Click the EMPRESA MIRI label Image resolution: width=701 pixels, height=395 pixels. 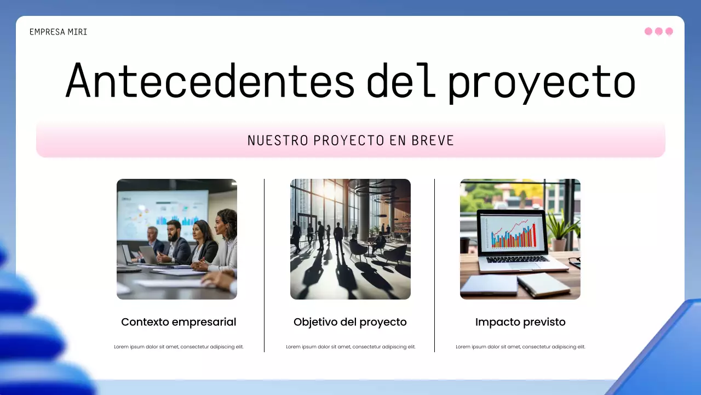[58, 32]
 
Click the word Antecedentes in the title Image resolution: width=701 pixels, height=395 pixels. [210, 81]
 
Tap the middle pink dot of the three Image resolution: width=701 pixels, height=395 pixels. [659, 31]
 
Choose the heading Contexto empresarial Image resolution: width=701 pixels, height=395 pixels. [179, 322]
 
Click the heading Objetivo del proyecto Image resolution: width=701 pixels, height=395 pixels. [350, 322]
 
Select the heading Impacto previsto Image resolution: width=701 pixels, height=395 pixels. [520, 322]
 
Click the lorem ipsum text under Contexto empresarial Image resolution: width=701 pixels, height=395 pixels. [179, 347]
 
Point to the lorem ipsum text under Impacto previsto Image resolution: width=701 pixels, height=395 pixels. [520, 347]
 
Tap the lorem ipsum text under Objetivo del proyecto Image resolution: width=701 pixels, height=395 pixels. [350, 347]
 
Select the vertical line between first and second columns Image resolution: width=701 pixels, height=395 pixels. [264, 265]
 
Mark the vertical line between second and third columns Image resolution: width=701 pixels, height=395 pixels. [435, 265]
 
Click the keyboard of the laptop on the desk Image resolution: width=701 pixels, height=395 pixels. [517, 259]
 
